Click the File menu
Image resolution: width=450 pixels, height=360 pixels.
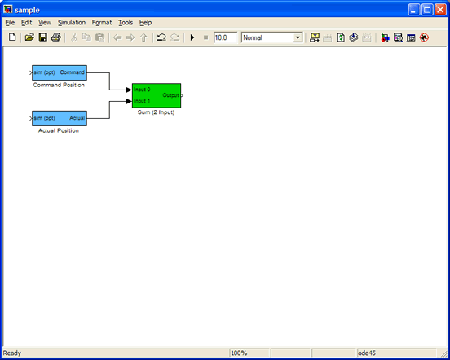[10, 23]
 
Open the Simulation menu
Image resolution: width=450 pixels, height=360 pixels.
[72, 23]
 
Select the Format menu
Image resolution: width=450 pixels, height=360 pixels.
[102, 23]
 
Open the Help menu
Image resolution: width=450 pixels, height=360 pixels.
[145, 23]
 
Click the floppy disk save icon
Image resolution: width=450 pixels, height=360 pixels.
[42, 37]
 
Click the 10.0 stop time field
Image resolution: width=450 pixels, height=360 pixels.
[225, 37]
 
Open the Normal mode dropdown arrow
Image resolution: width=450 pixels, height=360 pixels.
[298, 37]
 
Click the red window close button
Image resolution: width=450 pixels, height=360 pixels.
[440, 10]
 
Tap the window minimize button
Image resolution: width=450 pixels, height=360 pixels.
[413, 10]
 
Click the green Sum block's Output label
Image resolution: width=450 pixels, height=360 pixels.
[170, 95]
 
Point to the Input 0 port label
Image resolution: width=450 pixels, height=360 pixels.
[142, 90]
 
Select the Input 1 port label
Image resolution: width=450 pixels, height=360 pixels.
[142, 101]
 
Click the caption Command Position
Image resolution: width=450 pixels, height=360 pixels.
[59, 85]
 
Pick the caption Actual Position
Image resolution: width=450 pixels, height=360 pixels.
[59, 130]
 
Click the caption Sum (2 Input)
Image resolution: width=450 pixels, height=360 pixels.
[157, 112]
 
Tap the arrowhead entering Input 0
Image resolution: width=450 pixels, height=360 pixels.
[129, 90]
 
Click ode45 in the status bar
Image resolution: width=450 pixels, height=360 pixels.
[367, 353]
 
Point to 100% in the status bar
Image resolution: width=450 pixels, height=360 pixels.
[239, 353]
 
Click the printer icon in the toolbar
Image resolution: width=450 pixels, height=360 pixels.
[56, 37]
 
